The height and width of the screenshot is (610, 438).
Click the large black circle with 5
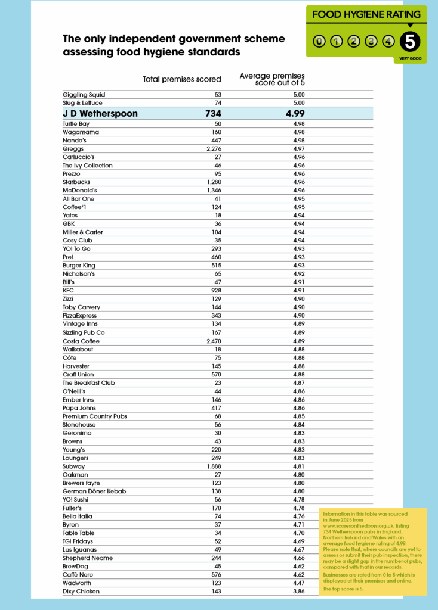point(411,41)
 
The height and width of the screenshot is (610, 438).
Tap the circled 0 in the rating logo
point(320,41)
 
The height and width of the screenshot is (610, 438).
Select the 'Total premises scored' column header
point(182,79)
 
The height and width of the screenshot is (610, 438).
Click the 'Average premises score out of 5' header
point(272,79)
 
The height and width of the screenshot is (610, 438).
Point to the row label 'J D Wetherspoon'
point(100,114)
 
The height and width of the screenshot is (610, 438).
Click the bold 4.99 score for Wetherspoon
point(297,114)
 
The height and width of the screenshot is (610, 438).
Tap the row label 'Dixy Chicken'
point(81,592)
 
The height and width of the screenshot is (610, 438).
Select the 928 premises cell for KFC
point(216,291)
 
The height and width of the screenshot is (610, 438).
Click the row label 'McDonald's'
point(79,191)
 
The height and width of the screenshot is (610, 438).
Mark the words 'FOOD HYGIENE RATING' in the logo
point(366,14)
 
